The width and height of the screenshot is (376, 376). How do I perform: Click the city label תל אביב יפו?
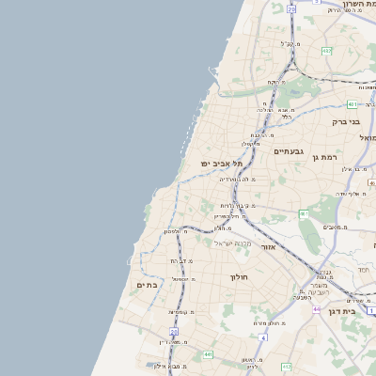pyautogui.click(x=221, y=164)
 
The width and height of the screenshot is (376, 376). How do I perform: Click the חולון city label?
pyautogui.click(x=237, y=277)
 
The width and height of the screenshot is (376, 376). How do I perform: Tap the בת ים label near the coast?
pyautogui.click(x=146, y=285)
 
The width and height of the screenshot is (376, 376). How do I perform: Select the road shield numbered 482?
pyautogui.click(x=325, y=51)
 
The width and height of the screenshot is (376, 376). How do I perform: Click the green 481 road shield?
pyautogui.click(x=352, y=104)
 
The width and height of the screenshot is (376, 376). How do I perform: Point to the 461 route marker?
pyautogui.click(x=304, y=214)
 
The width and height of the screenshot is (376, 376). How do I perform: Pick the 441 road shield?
pyautogui.click(x=207, y=354)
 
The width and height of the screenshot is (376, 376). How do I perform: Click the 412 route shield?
pyautogui.click(x=286, y=367)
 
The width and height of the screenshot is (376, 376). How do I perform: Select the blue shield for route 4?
pyautogui.click(x=264, y=337)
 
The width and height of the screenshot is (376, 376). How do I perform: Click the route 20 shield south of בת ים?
pyautogui.click(x=173, y=332)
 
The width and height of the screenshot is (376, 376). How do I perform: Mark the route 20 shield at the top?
pyautogui.click(x=291, y=8)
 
